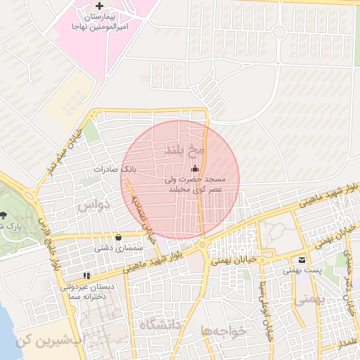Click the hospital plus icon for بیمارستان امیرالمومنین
[107, 6]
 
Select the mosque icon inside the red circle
[195, 169]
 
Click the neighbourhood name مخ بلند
[184, 149]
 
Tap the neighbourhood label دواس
[95, 205]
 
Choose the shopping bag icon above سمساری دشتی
[117, 237]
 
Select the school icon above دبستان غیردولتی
[86, 276]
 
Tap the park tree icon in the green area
[3, 215]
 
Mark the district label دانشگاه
[160, 323]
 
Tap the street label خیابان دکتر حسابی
[348, 281]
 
